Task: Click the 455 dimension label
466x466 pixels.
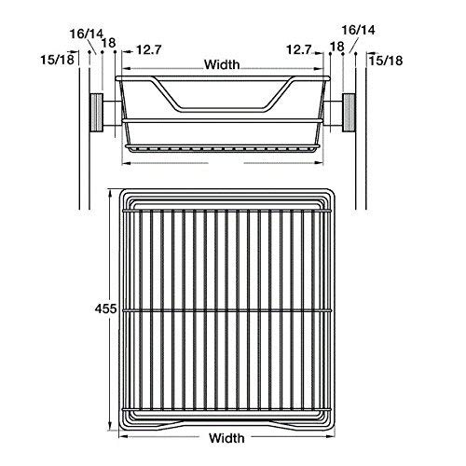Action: pos(105,308)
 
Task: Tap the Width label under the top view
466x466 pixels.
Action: pos(226,438)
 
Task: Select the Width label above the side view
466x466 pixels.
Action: pos(222,64)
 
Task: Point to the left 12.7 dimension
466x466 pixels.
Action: pos(149,49)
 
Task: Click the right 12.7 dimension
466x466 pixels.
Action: pos(299,49)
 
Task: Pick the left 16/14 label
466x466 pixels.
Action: pos(86,34)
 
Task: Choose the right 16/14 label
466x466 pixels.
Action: pos(358,30)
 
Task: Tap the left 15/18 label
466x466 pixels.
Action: pos(58,60)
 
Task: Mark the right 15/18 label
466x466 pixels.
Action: pos(386,61)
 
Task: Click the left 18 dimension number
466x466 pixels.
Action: pos(109,43)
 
